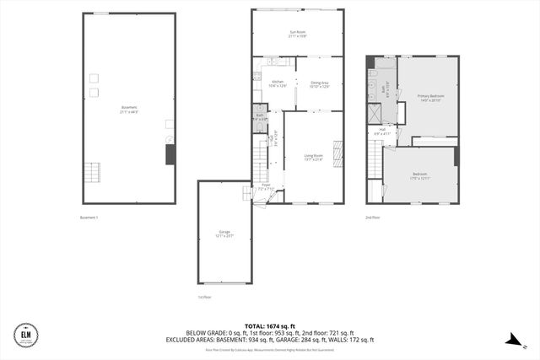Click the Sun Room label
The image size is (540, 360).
click(x=297, y=34)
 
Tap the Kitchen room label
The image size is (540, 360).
click(x=278, y=83)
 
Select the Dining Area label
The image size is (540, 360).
click(x=319, y=83)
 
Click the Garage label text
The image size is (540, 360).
click(x=224, y=234)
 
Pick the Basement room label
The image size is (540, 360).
click(x=128, y=109)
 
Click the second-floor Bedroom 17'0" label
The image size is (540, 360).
click(x=420, y=177)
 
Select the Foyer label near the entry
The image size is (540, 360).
click(x=266, y=187)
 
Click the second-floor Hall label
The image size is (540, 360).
click(x=381, y=132)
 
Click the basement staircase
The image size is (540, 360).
click(x=91, y=174)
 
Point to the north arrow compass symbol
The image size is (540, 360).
click(x=512, y=339)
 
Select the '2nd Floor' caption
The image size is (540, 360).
click(x=372, y=218)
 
